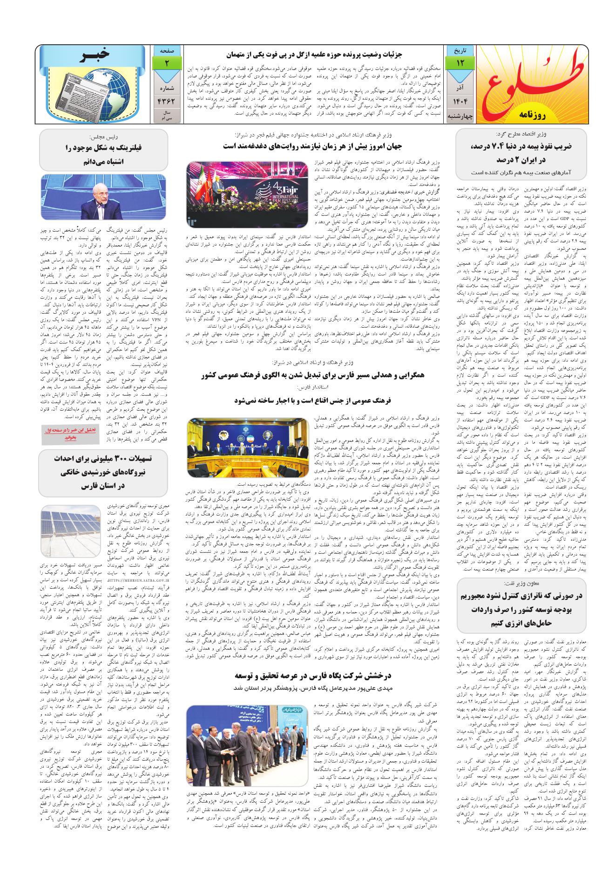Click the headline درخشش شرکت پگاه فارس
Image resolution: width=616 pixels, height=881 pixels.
point(307,676)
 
